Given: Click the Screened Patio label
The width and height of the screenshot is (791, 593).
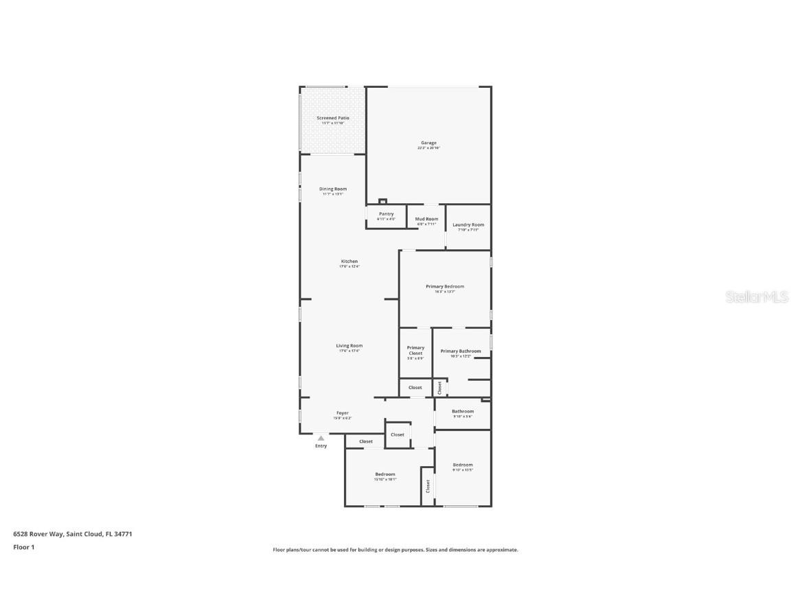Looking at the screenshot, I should click(x=333, y=118).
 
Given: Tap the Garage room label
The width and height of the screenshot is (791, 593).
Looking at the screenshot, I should click(x=428, y=143).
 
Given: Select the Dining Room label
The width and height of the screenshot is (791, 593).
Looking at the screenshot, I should click(x=333, y=189).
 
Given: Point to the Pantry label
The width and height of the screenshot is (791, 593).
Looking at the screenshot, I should click(x=387, y=213).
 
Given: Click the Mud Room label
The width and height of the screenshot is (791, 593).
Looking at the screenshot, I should click(x=426, y=219).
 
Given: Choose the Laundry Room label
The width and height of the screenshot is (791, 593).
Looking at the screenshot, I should click(x=468, y=224).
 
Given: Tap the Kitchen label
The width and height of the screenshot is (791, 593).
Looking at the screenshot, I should click(x=349, y=261).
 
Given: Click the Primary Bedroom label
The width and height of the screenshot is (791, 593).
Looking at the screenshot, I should click(x=445, y=286).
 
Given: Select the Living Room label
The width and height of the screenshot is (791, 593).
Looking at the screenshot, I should click(x=349, y=346).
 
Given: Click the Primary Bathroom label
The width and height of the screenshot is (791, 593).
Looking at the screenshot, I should click(x=461, y=351).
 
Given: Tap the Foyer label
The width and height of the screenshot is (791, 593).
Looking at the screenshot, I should click(x=342, y=413).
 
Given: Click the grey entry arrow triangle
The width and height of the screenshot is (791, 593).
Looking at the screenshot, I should click(x=321, y=438).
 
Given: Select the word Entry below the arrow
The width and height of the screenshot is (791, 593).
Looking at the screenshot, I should click(x=321, y=446).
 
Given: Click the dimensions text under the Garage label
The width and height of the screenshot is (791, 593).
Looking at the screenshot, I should click(x=428, y=148).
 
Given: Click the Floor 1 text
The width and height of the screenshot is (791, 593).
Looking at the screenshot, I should click(x=23, y=547).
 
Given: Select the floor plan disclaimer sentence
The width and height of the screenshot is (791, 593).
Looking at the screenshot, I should click(x=395, y=550).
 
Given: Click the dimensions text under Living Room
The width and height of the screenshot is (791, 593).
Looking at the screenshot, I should click(x=349, y=351).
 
